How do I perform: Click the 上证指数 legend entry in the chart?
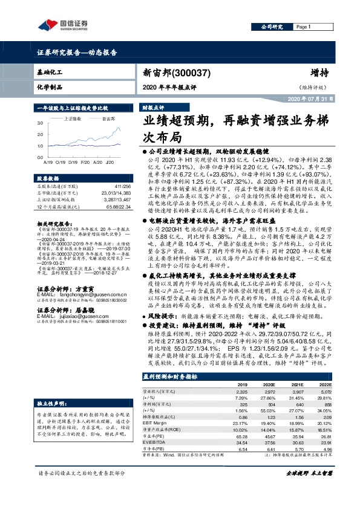[x=74, y=119]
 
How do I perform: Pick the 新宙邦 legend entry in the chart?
[x=109, y=119]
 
